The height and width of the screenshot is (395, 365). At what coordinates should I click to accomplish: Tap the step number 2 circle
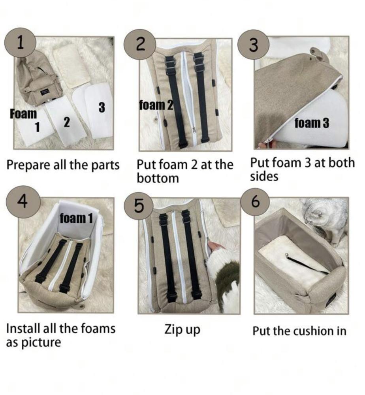140,45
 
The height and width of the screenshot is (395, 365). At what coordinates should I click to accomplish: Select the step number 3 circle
254,45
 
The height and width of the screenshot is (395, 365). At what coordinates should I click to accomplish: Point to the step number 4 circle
23,201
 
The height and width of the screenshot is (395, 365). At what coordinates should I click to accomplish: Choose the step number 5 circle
139,205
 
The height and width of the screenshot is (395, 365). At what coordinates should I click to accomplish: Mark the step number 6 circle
255,202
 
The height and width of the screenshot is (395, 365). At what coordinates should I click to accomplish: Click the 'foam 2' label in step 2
156,105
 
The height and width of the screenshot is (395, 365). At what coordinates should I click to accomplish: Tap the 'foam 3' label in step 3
312,123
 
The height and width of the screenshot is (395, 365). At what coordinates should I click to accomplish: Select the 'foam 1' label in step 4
76,218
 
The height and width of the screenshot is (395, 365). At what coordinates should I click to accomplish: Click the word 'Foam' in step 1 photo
23,114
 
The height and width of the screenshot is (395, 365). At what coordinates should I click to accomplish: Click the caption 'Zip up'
182,330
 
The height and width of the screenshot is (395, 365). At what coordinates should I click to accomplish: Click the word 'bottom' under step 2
158,178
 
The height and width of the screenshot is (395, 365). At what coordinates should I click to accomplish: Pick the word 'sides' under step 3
264,176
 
